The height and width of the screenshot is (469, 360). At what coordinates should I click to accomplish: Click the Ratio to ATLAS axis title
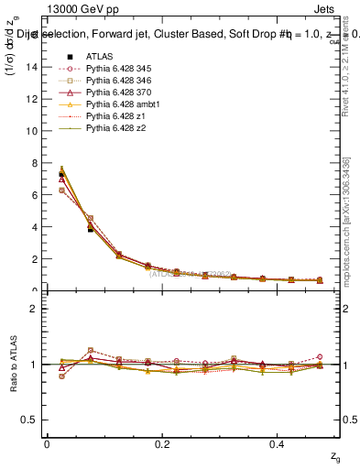pos(12,365)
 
